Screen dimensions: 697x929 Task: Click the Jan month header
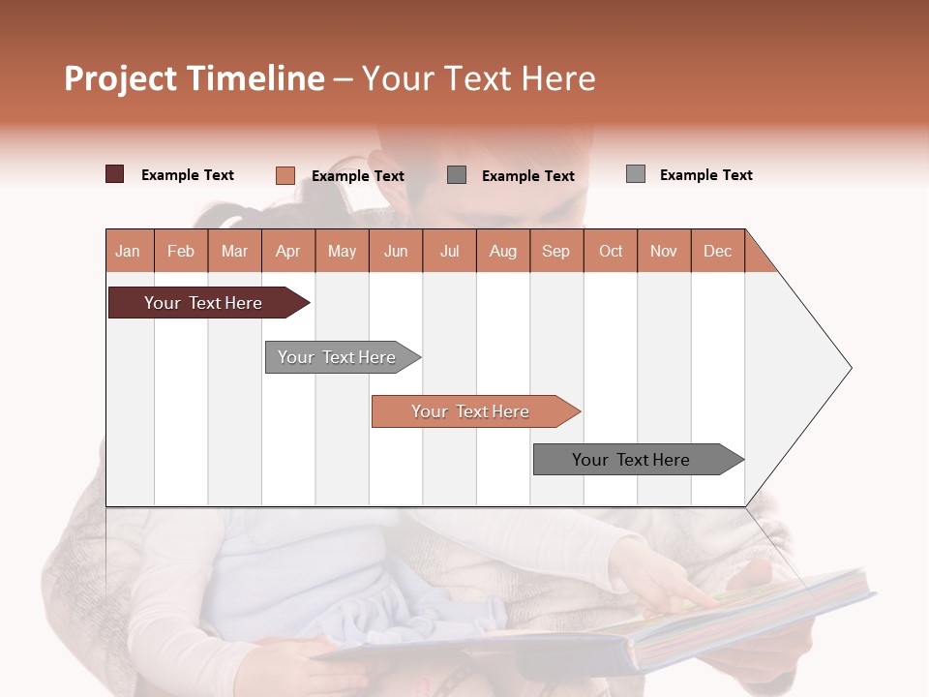(x=128, y=251)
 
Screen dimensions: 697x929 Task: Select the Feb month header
(x=181, y=251)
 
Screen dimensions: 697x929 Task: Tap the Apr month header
(x=287, y=251)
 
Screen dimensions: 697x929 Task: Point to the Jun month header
(x=396, y=251)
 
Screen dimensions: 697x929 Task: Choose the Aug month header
(x=502, y=251)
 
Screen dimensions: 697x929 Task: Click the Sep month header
(x=555, y=251)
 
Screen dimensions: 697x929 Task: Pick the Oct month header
(x=611, y=251)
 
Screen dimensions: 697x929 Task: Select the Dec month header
(x=717, y=251)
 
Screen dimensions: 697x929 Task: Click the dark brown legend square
(x=115, y=174)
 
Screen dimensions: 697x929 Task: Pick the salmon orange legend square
(x=285, y=175)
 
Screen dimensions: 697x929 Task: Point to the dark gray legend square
(x=457, y=175)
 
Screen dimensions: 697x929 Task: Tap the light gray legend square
(x=636, y=174)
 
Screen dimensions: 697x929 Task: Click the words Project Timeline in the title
(x=195, y=78)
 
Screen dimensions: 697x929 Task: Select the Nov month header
(x=664, y=251)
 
